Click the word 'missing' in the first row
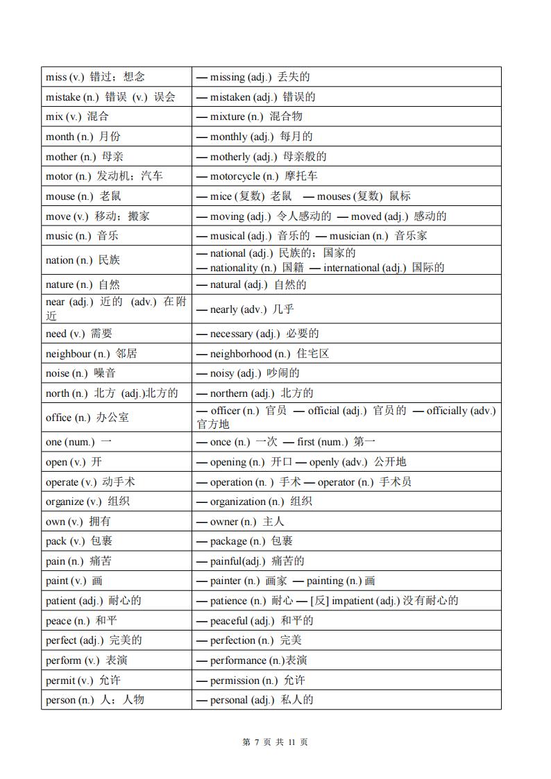click(228, 77)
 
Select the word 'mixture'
click(228, 117)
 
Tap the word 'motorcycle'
click(235, 176)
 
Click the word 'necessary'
click(232, 334)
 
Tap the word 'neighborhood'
click(241, 354)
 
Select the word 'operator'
click(336, 482)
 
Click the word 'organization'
click(237, 502)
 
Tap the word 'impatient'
click(353, 601)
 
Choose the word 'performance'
click(238, 660)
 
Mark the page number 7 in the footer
click(256, 742)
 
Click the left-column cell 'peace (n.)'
click(68, 621)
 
